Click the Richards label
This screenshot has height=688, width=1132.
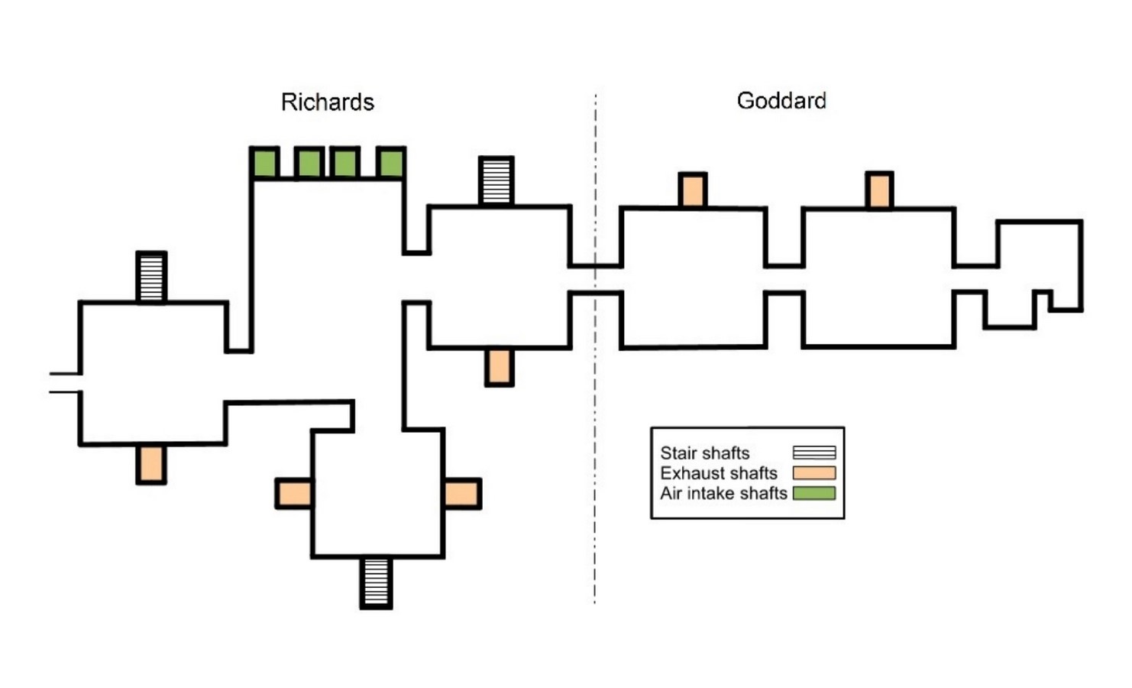pyautogui.click(x=328, y=102)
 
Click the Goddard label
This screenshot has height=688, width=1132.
pyautogui.click(x=781, y=101)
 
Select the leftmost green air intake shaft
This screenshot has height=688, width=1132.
pyautogui.click(x=265, y=163)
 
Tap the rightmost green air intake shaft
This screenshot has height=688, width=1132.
pyautogui.click(x=391, y=163)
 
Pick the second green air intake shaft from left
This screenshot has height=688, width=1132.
pyautogui.click(x=309, y=163)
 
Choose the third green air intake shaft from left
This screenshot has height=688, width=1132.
pyautogui.click(x=345, y=163)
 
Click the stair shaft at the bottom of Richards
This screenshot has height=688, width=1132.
pyautogui.click(x=376, y=582)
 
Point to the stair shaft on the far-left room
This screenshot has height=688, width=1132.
pyautogui.click(x=151, y=277)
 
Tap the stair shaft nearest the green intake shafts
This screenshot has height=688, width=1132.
pyautogui.click(x=496, y=180)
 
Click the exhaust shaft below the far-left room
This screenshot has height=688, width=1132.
pyautogui.click(x=151, y=463)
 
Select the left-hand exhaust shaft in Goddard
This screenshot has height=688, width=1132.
pyautogui.click(x=692, y=190)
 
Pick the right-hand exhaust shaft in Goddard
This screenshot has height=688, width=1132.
pyautogui.click(x=879, y=190)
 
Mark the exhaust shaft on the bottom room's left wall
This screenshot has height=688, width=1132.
pyautogui.click(x=294, y=493)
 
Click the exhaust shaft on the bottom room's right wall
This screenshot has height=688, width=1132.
pyautogui.click(x=462, y=493)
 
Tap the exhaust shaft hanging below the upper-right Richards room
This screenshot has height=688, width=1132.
pyautogui.click(x=500, y=367)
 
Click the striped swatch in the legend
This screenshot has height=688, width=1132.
pyautogui.click(x=814, y=453)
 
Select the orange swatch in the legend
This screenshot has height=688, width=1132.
pyautogui.click(x=814, y=472)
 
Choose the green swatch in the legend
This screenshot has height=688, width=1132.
pyautogui.click(x=814, y=493)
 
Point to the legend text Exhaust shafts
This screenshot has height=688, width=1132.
pyautogui.click(x=719, y=473)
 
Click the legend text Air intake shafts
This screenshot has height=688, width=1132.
pyautogui.click(x=723, y=493)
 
